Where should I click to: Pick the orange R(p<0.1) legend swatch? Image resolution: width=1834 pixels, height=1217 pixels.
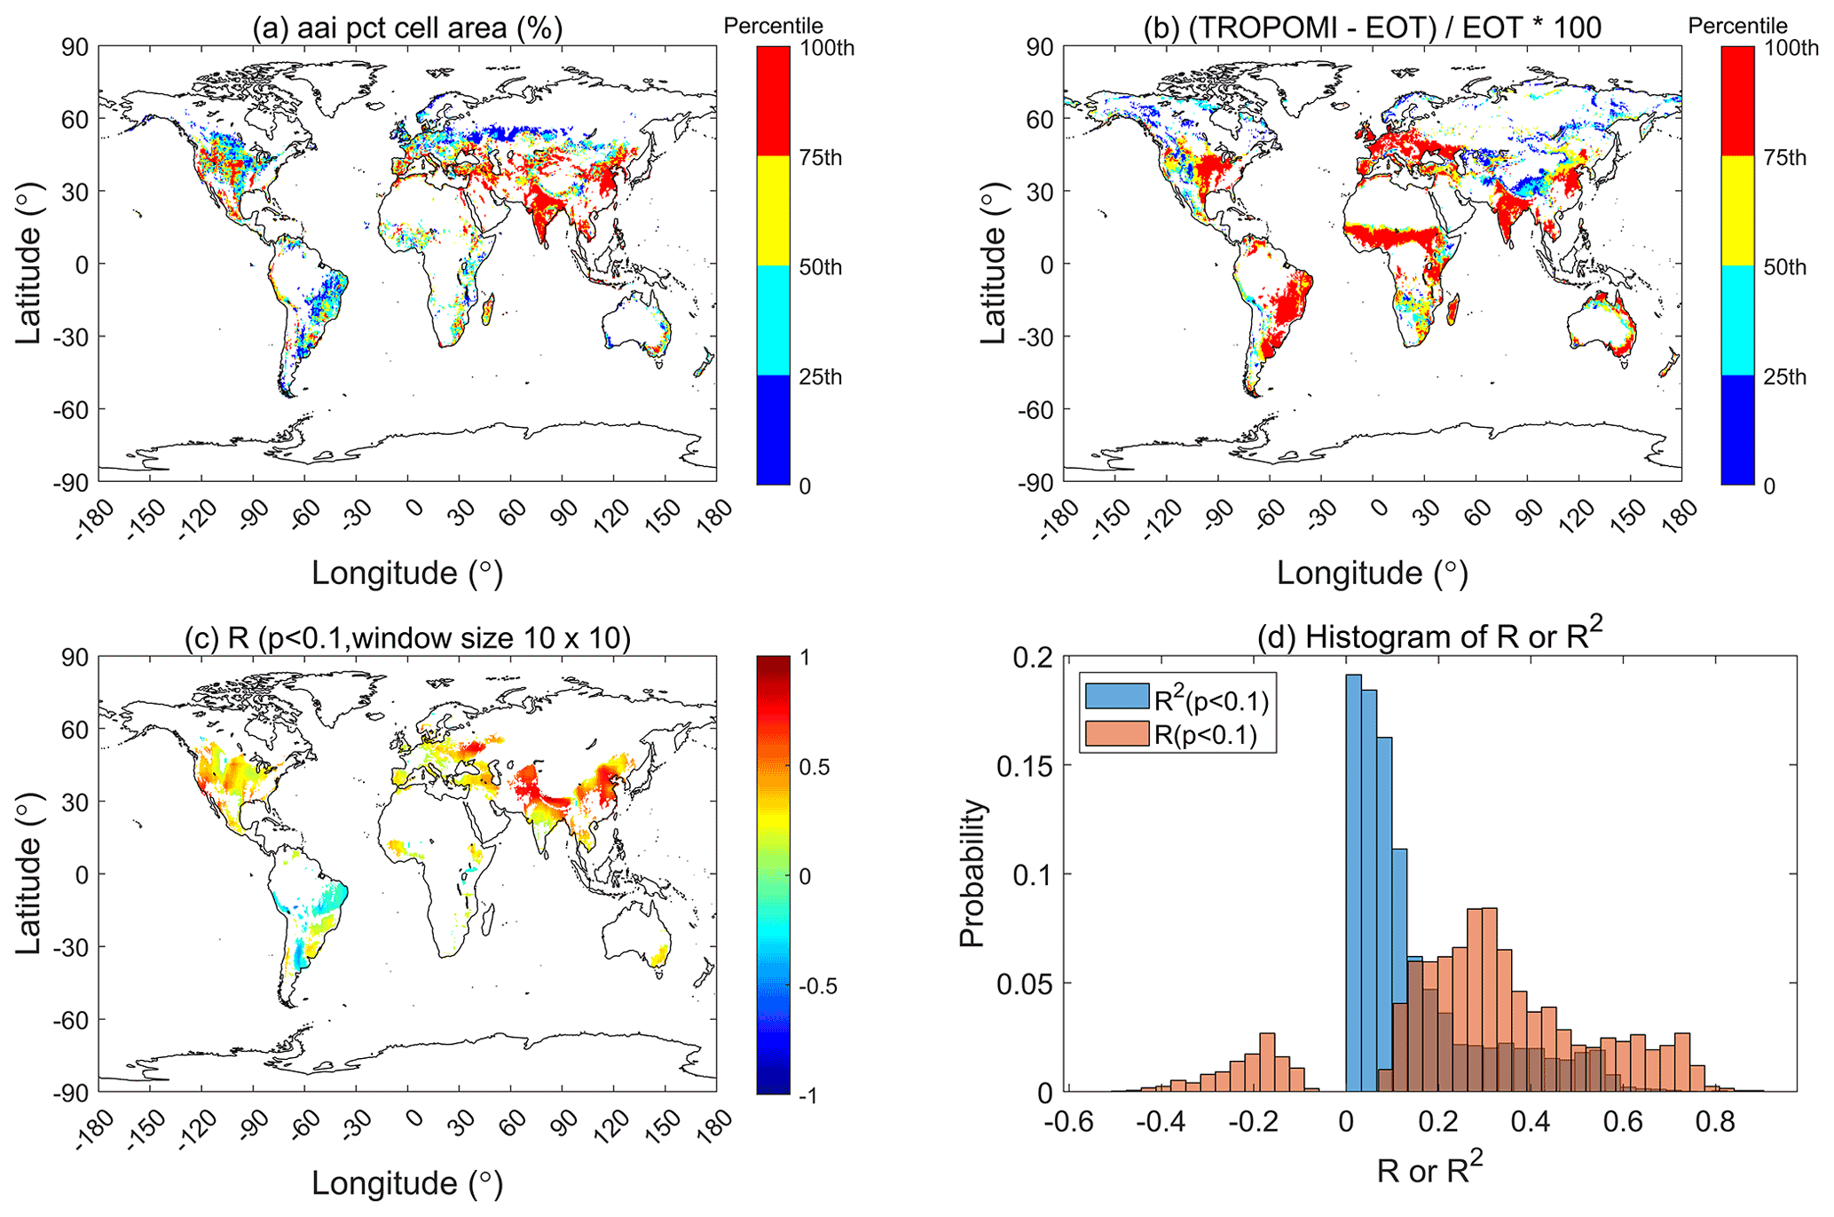[x=1116, y=734]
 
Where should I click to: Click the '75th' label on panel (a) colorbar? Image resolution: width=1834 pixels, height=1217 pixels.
[x=820, y=158]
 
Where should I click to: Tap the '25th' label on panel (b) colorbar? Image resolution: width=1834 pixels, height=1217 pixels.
[x=1784, y=377]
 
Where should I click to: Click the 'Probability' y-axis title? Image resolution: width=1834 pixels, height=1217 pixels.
[x=973, y=873]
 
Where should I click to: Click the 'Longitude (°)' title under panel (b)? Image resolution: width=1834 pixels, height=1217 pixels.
[x=1372, y=573]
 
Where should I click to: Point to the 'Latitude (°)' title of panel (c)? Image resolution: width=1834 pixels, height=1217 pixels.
[x=28, y=874]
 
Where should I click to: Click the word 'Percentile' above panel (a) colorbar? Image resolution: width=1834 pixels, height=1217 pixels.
[x=773, y=26]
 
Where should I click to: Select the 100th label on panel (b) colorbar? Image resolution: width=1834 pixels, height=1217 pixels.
[x=1791, y=48]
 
